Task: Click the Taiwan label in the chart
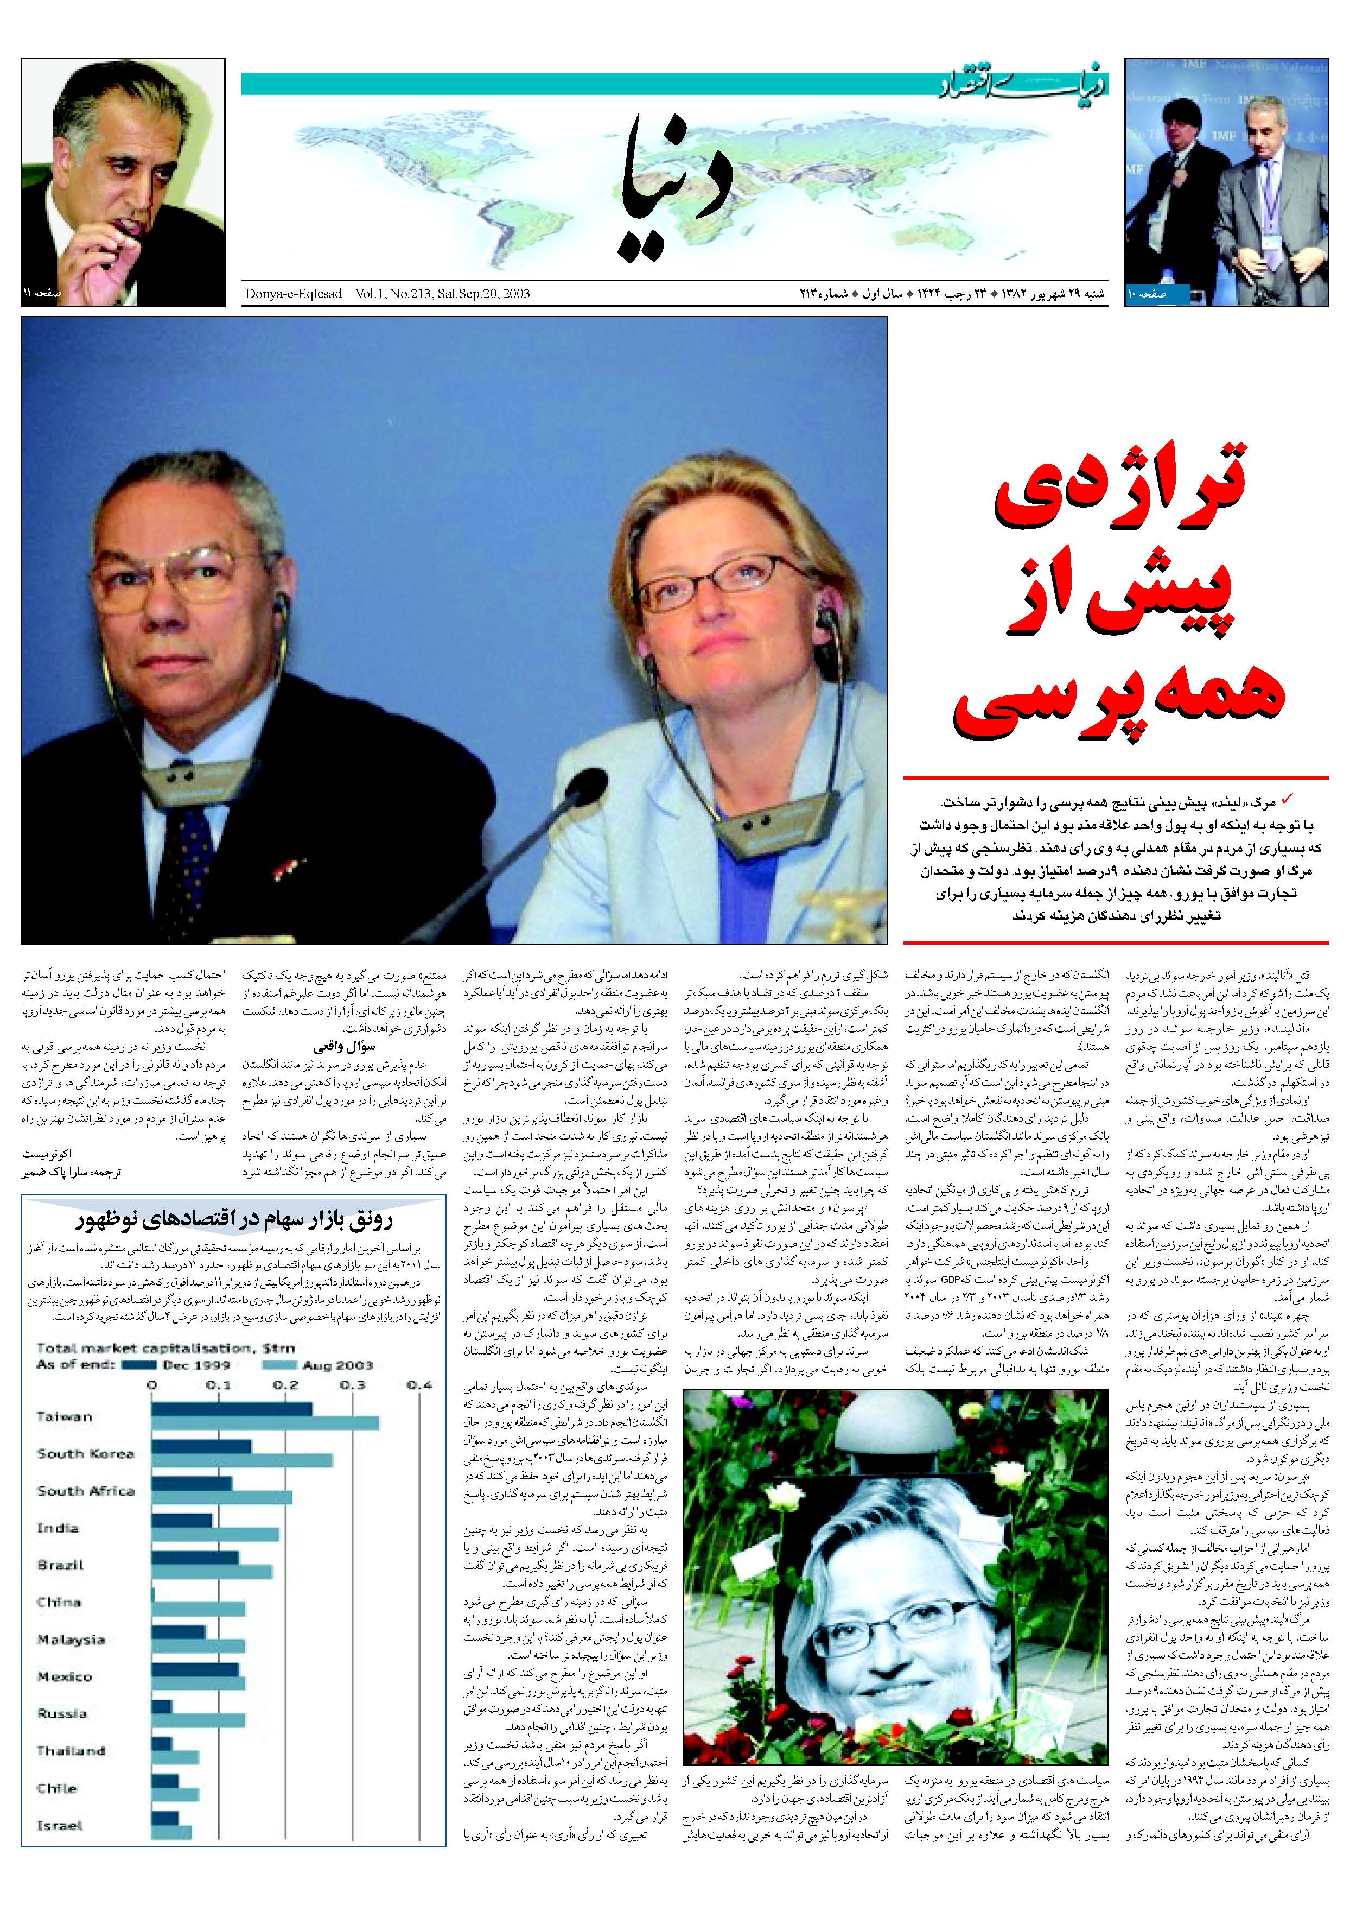click(64, 1416)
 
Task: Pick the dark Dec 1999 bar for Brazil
click(194, 1558)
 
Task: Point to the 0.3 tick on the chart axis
click(353, 1384)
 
